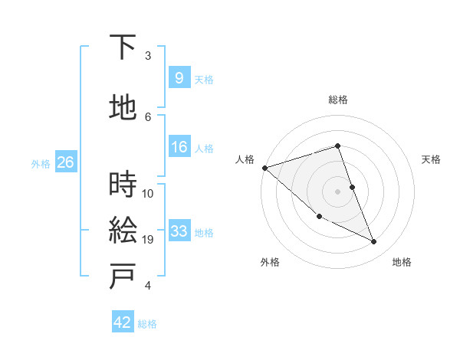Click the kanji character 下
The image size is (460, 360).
click(x=123, y=47)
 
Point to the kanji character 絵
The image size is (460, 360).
click(x=123, y=230)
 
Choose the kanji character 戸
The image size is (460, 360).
click(x=123, y=276)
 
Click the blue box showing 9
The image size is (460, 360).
click(x=179, y=78)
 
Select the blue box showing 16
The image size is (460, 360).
click(x=179, y=147)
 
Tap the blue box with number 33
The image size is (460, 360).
click(x=179, y=231)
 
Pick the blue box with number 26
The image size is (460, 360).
click(x=65, y=162)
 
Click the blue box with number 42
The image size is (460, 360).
click(x=123, y=322)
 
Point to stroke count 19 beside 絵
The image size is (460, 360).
click(x=149, y=240)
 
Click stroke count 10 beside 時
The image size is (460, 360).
click(x=148, y=193)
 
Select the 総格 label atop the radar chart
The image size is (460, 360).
click(x=337, y=100)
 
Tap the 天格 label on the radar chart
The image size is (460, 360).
click(x=432, y=159)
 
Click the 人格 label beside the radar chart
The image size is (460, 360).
click(x=245, y=159)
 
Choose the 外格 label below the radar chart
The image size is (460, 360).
click(x=269, y=262)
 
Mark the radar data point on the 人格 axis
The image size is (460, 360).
click(x=264, y=168)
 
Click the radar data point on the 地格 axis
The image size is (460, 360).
click(x=374, y=242)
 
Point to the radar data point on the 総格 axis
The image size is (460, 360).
click(x=337, y=146)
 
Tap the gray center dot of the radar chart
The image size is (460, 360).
click(x=337, y=191)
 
